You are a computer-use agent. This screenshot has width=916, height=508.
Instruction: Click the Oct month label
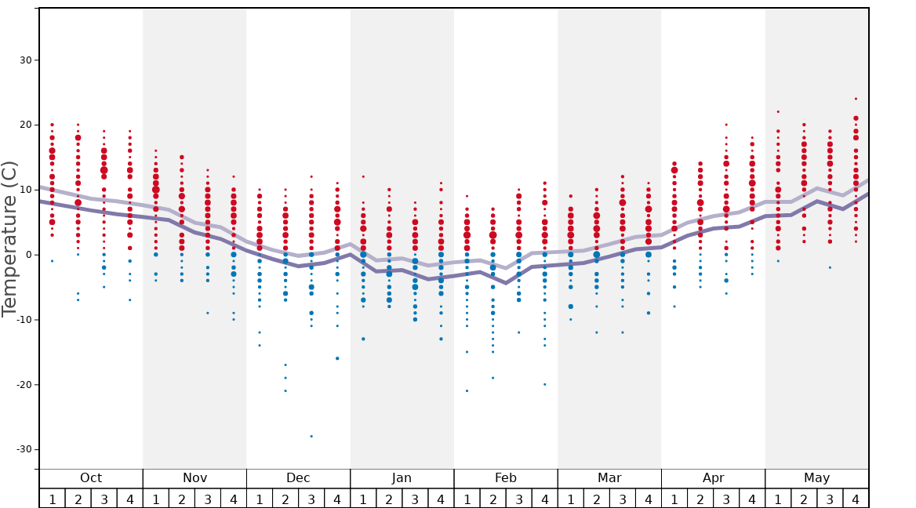91,478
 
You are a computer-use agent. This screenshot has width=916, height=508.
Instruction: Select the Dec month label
298,478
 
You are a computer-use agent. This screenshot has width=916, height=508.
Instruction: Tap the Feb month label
506,478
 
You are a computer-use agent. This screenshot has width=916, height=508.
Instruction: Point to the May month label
816,478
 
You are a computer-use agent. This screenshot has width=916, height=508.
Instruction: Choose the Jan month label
402,478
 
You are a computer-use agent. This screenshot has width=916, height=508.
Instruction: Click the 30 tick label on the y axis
24,60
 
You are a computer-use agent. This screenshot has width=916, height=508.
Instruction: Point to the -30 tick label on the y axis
21,449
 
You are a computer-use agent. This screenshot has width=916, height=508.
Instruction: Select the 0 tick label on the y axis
27,255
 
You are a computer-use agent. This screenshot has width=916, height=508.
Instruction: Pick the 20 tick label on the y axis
24,125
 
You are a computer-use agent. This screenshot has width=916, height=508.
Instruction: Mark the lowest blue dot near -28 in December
311,436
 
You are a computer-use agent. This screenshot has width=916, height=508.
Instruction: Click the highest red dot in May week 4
856,99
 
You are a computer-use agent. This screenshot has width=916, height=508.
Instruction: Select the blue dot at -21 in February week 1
467,391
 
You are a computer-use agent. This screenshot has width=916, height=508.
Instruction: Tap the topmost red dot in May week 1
778,111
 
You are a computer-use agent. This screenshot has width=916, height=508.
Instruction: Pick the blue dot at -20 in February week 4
544,384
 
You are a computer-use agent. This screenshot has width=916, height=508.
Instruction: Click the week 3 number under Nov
208,499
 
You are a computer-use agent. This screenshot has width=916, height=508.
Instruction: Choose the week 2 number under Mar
596,499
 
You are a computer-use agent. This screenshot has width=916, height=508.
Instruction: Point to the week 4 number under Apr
752,499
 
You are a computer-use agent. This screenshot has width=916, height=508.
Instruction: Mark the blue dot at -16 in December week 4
337,358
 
